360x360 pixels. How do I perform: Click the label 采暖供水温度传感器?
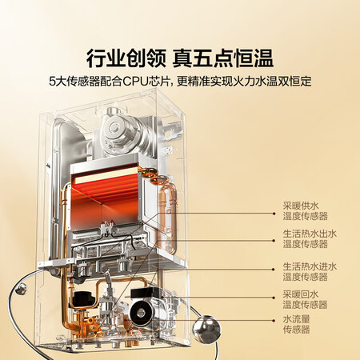[x=305, y=210]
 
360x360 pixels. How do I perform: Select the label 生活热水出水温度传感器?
[x=310, y=238]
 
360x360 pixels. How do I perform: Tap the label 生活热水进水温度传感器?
[x=310, y=271]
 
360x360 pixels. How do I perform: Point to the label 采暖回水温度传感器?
[x=305, y=299]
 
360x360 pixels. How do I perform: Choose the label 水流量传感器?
[x=296, y=324]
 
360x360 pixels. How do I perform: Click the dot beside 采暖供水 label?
[x=274, y=214]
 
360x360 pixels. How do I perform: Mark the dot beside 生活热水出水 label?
[x=274, y=241]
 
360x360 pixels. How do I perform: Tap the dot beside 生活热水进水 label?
[x=274, y=270]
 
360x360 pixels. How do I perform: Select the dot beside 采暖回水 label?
[x=274, y=297]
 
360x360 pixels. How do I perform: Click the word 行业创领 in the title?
[x=126, y=58]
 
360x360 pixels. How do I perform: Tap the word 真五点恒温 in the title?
[x=223, y=58]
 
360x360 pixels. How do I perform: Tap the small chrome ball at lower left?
[x=21, y=289]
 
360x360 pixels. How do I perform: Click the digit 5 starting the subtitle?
[x=52, y=82]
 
